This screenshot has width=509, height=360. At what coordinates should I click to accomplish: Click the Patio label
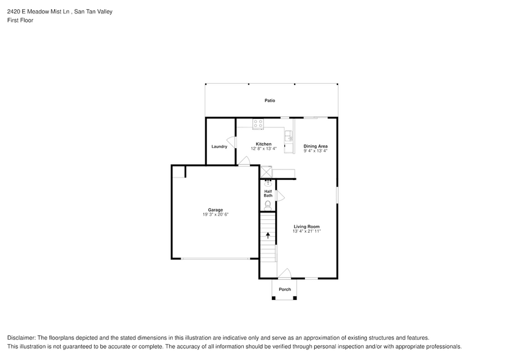(270, 100)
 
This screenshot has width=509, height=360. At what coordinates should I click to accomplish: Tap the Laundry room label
(219, 146)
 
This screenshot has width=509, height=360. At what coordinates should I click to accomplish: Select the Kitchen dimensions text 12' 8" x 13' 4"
(263, 149)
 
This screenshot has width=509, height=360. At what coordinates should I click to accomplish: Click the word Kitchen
(263, 144)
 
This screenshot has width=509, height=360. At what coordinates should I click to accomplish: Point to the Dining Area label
(315, 146)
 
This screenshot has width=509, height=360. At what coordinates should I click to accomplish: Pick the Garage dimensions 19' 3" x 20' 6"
(215, 214)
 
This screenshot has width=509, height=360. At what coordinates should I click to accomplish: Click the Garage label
(215, 209)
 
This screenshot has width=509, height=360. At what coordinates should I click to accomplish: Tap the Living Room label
(306, 227)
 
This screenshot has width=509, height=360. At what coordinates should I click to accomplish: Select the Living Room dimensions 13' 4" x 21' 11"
(306, 231)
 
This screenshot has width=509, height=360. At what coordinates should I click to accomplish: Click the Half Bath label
(268, 193)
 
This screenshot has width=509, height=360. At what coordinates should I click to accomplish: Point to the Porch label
(285, 290)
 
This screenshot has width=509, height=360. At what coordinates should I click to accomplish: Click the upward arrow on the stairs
(268, 235)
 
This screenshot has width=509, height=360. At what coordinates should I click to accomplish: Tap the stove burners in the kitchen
(258, 124)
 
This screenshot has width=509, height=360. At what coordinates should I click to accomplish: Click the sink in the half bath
(268, 182)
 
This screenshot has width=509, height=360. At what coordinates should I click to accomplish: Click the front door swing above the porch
(283, 272)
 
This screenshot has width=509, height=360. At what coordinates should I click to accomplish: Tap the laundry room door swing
(231, 141)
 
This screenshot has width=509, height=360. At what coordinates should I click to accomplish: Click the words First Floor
(20, 20)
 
